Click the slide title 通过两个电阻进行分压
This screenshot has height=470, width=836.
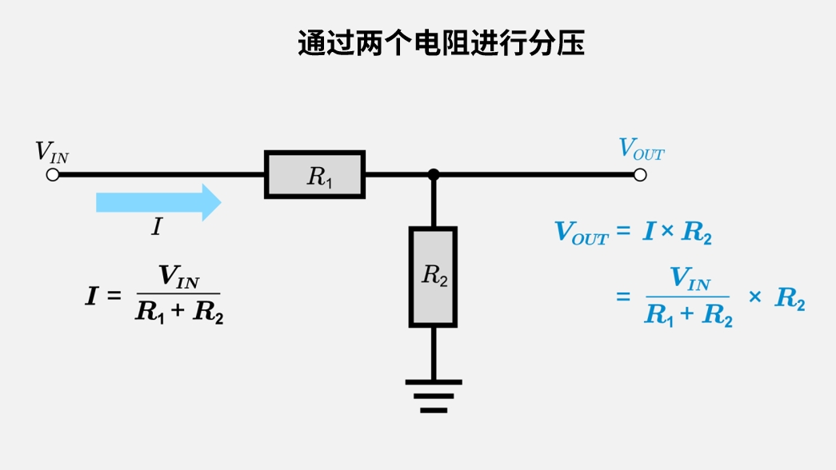[x=441, y=43]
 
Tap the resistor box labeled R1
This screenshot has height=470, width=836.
[x=315, y=174]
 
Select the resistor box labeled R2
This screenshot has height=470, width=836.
[x=433, y=277]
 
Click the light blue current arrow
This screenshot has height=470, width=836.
[x=158, y=201]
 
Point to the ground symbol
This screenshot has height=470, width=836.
[x=433, y=395]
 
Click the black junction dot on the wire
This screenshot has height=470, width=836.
[x=433, y=174]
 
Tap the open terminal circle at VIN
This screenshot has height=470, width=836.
[x=53, y=174]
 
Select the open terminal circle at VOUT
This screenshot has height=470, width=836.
[x=640, y=174]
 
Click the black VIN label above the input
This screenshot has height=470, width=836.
[x=51, y=152]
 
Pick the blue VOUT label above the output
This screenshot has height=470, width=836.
[x=641, y=149]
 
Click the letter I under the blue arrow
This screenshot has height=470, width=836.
[x=157, y=228]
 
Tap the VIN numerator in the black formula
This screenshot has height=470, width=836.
[x=178, y=277]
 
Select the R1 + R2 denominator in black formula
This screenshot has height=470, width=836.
[x=179, y=313]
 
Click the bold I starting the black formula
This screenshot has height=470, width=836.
[x=93, y=296]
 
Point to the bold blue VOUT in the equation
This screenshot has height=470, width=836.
[x=581, y=233]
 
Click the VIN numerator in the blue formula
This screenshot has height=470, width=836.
[x=689, y=279]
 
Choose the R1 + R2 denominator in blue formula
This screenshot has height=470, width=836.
[x=689, y=315]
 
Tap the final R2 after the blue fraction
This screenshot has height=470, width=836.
[x=789, y=299]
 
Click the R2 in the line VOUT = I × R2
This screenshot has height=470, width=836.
[x=697, y=233]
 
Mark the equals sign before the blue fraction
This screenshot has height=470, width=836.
[x=623, y=297]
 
